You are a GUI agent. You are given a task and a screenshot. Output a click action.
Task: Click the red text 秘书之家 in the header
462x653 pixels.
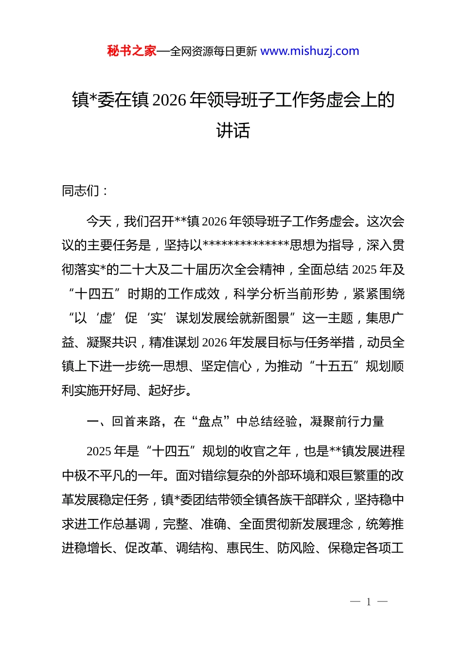click(132, 51)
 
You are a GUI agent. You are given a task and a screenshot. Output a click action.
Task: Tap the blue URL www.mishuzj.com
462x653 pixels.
click(310, 51)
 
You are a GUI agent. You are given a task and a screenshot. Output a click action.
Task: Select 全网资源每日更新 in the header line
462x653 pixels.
click(213, 51)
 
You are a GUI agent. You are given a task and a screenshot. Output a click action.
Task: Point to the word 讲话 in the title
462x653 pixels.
click(233, 130)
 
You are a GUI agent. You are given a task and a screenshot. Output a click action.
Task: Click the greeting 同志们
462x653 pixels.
click(81, 191)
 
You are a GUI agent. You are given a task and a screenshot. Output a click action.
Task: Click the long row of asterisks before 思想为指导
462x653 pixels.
click(246, 245)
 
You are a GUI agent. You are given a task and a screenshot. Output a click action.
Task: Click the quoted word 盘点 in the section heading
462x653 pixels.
click(211, 421)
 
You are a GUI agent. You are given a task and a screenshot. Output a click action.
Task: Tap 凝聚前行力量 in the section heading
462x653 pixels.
click(347, 421)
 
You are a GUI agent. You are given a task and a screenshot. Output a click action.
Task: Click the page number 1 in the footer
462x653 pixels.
click(369, 602)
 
